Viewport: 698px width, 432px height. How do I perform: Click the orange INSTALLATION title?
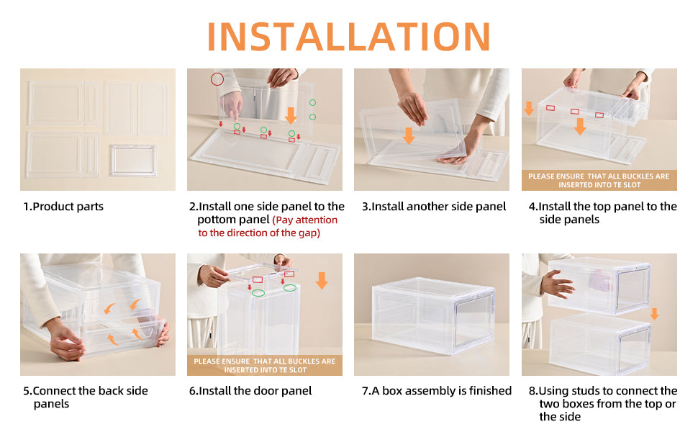[x=349, y=36]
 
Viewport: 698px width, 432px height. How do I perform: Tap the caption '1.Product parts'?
[x=63, y=207]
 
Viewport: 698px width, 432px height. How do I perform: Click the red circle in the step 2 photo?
[x=217, y=78]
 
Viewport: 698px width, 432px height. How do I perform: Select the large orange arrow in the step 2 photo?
[x=291, y=115]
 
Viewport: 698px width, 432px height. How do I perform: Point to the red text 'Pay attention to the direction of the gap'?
[x=268, y=226]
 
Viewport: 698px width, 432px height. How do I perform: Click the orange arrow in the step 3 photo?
[x=409, y=135]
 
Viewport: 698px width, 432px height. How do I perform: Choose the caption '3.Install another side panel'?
[x=434, y=207]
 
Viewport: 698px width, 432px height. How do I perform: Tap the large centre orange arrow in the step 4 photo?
[x=580, y=126]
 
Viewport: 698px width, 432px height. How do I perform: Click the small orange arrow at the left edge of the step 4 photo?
[x=529, y=109]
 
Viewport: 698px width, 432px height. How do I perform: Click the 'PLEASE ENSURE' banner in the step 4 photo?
[x=599, y=181]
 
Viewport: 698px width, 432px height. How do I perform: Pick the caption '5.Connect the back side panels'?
[x=85, y=397]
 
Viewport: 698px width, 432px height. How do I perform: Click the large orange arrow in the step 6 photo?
[x=322, y=281]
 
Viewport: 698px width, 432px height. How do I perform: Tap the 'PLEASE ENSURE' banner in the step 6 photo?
[x=265, y=365]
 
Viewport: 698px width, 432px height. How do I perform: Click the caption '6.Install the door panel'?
[x=250, y=391]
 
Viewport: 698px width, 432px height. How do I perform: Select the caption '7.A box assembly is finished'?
[x=436, y=391]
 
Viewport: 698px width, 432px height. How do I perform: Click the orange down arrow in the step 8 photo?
[x=654, y=314]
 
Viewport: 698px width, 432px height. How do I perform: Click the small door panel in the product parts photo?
[x=133, y=160]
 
